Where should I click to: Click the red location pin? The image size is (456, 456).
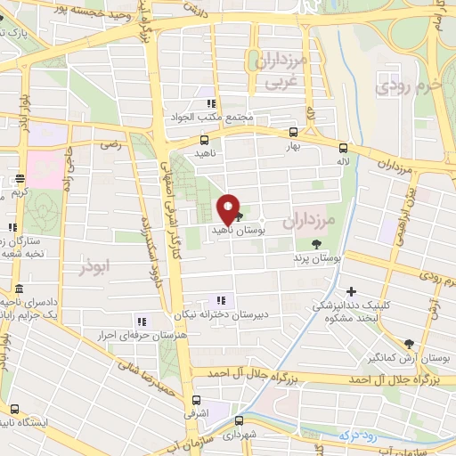228,208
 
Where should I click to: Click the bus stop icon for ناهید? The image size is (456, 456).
205,140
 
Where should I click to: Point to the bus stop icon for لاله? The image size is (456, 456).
345,149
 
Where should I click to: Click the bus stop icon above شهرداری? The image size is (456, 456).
238,420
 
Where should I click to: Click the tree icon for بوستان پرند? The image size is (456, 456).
317,243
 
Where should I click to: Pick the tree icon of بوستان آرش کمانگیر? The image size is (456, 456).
409,344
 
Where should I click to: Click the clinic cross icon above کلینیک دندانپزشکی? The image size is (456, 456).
352,291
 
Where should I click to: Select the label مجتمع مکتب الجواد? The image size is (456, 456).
210,118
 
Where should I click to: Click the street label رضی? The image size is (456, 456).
111,142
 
